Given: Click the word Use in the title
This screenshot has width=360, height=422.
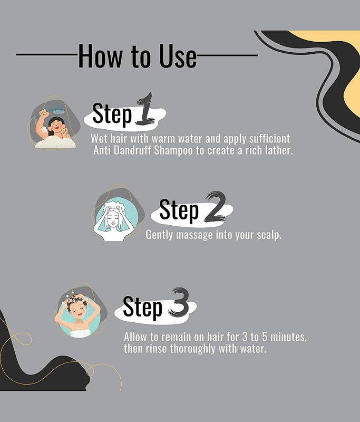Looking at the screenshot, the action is (178, 56).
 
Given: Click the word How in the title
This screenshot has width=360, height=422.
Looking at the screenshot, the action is (100, 56).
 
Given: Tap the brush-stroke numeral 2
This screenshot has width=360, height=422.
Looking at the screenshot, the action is (215, 207).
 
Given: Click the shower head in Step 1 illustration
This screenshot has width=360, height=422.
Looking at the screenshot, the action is (59, 110).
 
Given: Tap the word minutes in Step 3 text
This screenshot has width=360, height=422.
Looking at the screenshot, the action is (288, 337).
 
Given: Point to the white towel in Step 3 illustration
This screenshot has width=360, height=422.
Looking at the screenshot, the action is (80, 333).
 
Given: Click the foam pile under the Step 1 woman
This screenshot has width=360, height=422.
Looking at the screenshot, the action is (55, 142).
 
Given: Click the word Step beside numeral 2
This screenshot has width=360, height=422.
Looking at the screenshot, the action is (179, 210).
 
